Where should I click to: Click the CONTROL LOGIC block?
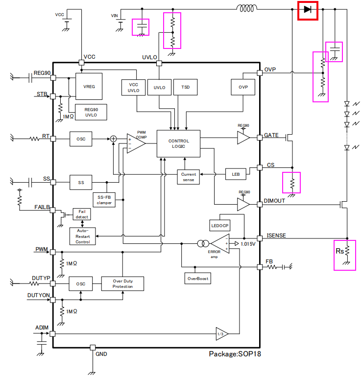(x=178, y=143)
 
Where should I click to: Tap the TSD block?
(x=185, y=88)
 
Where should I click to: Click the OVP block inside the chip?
(x=243, y=88)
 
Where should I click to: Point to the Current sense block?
(x=188, y=177)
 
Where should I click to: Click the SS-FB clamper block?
(x=104, y=199)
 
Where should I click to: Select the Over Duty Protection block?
(x=122, y=283)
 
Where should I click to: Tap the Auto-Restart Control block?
(x=83, y=236)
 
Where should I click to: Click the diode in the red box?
(x=308, y=9)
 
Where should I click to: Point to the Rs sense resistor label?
(x=339, y=252)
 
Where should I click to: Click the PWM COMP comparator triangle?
(x=135, y=143)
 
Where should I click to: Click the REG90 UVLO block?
(x=91, y=112)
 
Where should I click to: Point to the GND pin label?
(x=101, y=354)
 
